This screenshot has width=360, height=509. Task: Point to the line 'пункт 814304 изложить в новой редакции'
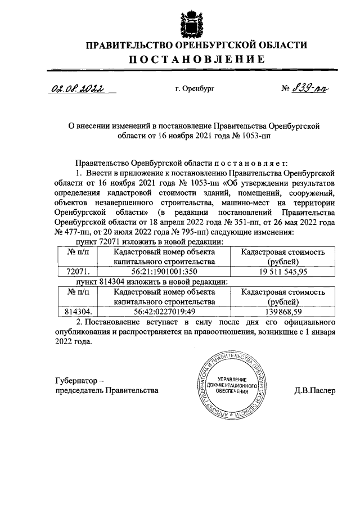pyautogui.click(x=147, y=281)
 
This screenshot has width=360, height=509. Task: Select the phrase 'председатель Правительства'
pyautogui.click(x=108, y=390)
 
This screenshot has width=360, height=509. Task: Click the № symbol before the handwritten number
pyautogui.click(x=286, y=88)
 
